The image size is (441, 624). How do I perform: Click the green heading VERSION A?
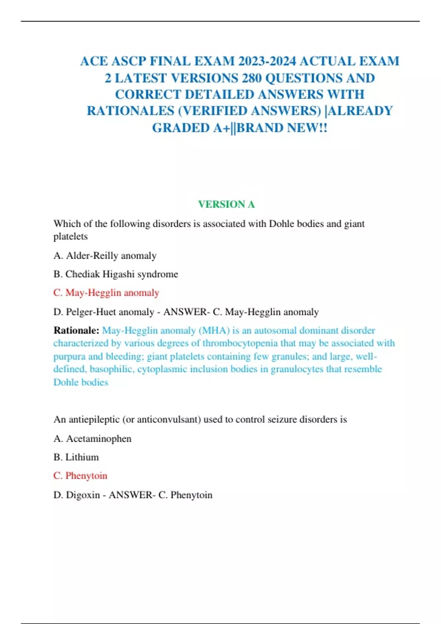(x=226, y=204)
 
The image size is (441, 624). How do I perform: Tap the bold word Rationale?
(x=76, y=330)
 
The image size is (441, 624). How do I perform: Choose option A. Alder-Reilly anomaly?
(x=105, y=255)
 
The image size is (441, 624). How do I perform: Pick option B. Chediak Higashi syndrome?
(x=116, y=274)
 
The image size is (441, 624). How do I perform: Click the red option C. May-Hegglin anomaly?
(x=106, y=293)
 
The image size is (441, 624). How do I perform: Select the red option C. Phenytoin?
(x=80, y=476)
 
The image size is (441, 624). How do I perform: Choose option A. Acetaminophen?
(x=93, y=439)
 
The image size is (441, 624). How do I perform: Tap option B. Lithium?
(x=76, y=457)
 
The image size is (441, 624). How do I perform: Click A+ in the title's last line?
(x=222, y=128)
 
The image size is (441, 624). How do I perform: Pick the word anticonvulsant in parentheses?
(x=169, y=419)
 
